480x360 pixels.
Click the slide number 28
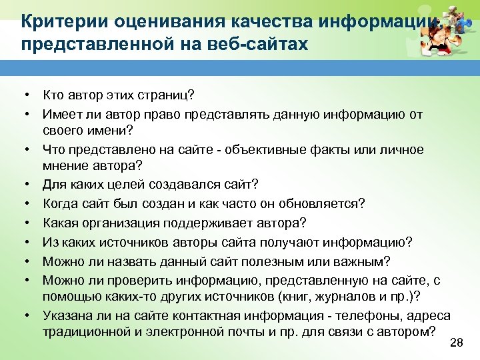coord(457,343)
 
